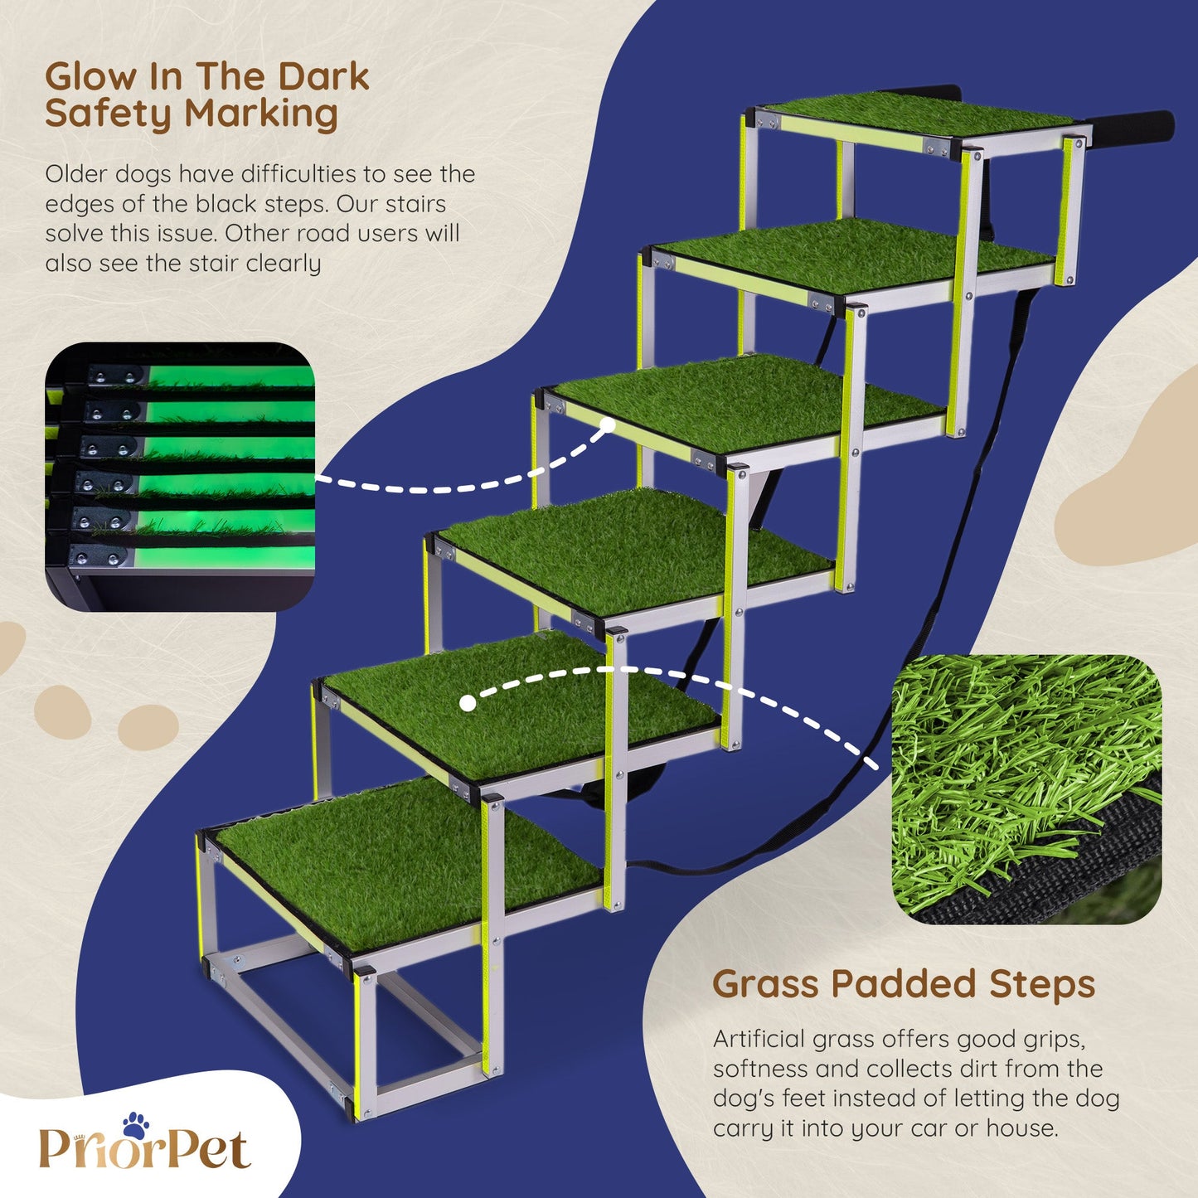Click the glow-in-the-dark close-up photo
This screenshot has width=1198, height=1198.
180,476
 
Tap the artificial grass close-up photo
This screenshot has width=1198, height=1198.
1026,790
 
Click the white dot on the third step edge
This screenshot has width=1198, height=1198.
608,425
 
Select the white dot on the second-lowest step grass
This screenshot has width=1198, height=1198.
468,703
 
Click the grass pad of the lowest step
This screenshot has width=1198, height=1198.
406,863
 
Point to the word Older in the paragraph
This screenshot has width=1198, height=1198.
78,174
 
